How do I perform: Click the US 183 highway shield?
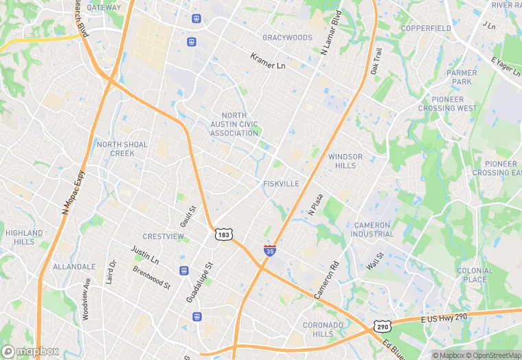[223, 234]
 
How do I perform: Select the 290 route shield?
[382, 326]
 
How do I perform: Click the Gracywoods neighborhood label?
[287, 38]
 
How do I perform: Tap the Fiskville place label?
[280, 184]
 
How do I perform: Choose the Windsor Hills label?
[345, 161]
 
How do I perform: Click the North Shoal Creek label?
[122, 148]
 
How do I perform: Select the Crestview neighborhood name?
[163, 236]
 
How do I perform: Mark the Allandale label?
[74, 267]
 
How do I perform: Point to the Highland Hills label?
[24, 237]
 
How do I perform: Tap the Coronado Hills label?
[323, 329]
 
